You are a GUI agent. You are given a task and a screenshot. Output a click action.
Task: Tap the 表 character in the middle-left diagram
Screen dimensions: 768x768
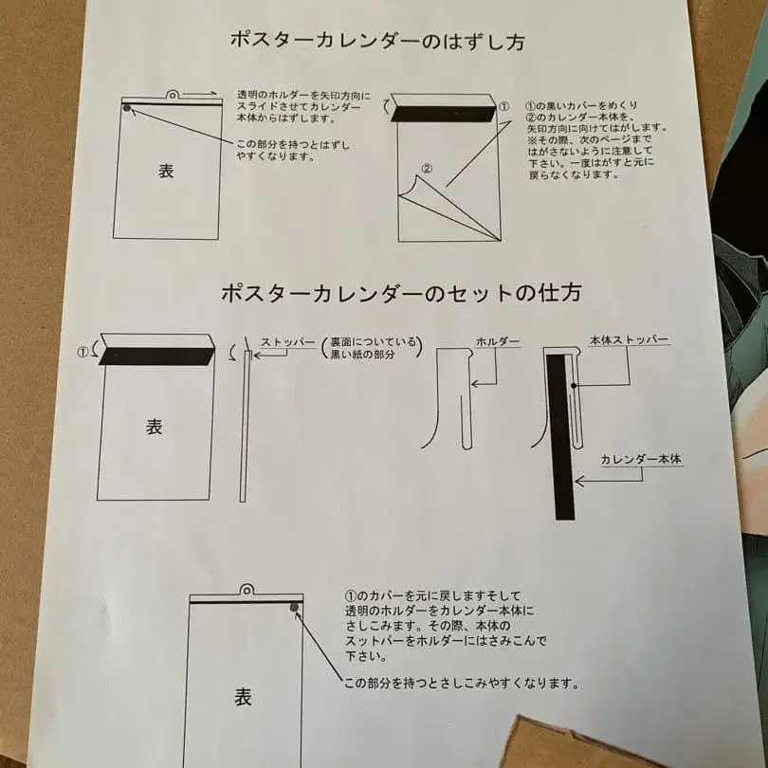[154, 427]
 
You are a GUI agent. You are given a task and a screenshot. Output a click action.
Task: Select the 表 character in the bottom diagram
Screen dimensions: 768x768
[243, 697]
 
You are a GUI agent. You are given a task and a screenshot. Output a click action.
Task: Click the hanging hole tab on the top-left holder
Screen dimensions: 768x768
[174, 94]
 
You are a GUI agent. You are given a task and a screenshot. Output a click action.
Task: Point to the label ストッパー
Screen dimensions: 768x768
[287, 343]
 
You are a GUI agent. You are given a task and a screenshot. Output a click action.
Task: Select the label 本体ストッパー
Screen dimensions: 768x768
[630, 340]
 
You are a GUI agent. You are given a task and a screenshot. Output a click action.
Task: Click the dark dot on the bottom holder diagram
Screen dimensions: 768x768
[295, 607]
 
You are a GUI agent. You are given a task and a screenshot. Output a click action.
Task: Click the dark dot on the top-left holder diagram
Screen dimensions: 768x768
[127, 108]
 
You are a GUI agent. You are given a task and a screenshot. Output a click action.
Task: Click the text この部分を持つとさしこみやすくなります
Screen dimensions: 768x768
[461, 683]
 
